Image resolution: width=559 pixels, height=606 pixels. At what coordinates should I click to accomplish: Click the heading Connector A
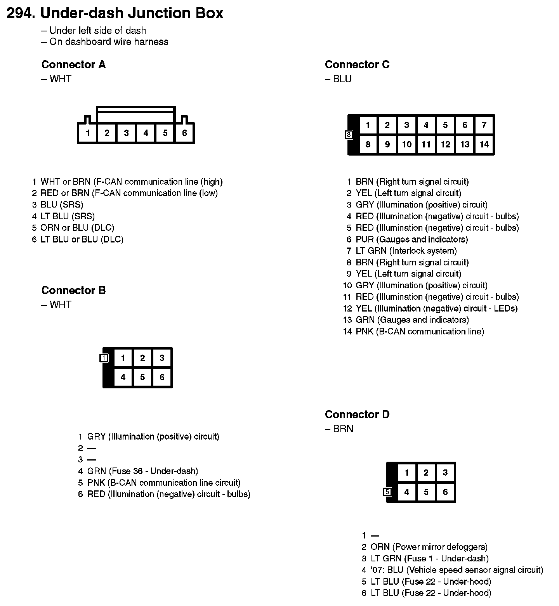pos(73,64)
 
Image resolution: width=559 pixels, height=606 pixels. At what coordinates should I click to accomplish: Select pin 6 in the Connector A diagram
pos(184,133)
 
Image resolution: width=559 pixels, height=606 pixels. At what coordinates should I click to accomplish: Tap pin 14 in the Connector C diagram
pos(484,145)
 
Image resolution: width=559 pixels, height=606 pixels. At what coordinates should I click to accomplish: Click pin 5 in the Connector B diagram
pos(142,377)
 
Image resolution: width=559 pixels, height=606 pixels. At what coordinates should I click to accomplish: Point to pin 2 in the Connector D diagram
pos(426,473)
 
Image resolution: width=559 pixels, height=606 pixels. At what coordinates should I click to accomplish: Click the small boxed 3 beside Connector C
pos(349,135)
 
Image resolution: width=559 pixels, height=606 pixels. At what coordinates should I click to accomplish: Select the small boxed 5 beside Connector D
pos(387,492)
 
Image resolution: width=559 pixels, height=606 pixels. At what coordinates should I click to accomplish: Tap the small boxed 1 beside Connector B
pos(104,358)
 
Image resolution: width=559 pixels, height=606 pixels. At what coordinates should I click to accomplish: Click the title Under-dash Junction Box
pos(132,13)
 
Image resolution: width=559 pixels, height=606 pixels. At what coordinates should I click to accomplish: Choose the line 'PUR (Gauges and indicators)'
pos(411,239)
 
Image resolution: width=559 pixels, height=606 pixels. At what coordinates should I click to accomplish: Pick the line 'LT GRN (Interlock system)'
pos(406,251)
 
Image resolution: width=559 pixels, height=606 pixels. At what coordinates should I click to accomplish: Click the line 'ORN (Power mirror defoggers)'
pos(429,547)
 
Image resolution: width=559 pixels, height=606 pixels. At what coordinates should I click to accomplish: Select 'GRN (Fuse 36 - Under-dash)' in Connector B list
pos(142,471)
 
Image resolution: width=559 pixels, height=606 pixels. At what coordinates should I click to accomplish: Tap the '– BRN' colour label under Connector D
pos(339,429)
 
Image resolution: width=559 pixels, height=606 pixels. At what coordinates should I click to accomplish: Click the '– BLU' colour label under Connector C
pos(339,79)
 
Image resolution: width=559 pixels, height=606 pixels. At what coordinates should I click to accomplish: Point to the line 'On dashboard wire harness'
pos(109,42)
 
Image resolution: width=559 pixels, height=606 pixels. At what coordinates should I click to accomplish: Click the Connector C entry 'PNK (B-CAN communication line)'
pos(420,331)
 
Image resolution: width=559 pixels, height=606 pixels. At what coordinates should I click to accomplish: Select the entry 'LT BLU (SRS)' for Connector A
pos(68,216)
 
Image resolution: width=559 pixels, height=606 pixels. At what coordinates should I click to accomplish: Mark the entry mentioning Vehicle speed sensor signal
pos(457,570)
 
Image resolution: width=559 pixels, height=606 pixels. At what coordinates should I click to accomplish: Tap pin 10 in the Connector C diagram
pos(406,145)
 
